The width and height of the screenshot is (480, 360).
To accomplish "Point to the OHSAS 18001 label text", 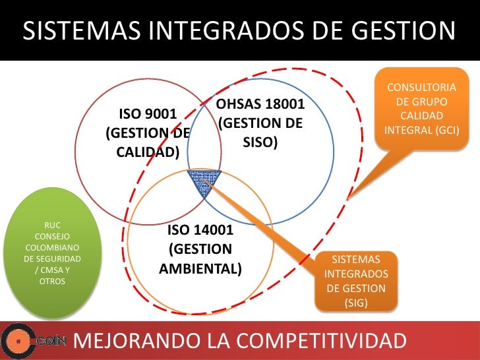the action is tap(260, 105).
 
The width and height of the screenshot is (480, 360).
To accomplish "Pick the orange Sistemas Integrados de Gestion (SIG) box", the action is tap(356, 280).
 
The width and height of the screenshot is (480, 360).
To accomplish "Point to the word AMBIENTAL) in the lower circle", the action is tap(200, 270).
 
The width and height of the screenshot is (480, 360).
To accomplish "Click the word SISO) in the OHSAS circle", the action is tap(260, 142).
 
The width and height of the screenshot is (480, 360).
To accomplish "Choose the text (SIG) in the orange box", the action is tap(356, 303).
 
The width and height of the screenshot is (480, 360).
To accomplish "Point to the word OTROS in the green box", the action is tap(52, 281).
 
